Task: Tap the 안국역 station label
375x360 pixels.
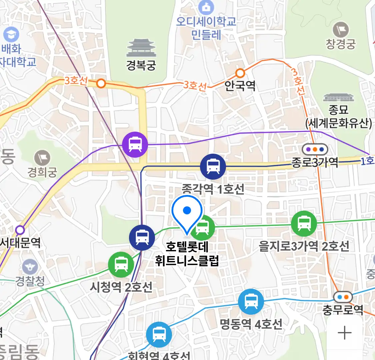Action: click(240, 86)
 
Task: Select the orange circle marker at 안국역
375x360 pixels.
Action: click(240, 73)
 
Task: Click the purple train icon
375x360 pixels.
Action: click(135, 145)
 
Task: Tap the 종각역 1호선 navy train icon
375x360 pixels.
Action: click(213, 166)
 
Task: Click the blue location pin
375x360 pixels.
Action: click(187, 214)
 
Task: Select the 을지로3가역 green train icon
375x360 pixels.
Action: click(304, 223)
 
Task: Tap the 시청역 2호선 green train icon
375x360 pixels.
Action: click(121, 265)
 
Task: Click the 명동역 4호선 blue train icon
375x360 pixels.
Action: click(251, 302)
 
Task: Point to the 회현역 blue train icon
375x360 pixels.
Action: click(159, 335)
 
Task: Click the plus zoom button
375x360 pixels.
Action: click(344, 333)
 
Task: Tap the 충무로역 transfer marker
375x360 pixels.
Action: click(343, 296)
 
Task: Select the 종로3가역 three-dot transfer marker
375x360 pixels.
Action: click(315, 149)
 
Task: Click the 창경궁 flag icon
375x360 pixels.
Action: click(341, 30)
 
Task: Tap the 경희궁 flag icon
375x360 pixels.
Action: click(42, 158)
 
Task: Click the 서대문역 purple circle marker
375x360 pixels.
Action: click(20, 230)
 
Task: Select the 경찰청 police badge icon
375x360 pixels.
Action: click(30, 267)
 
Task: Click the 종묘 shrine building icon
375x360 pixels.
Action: click(338, 98)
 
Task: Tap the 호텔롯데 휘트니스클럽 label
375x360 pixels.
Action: click(187, 254)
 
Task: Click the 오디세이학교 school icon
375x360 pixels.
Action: click(206, 7)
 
